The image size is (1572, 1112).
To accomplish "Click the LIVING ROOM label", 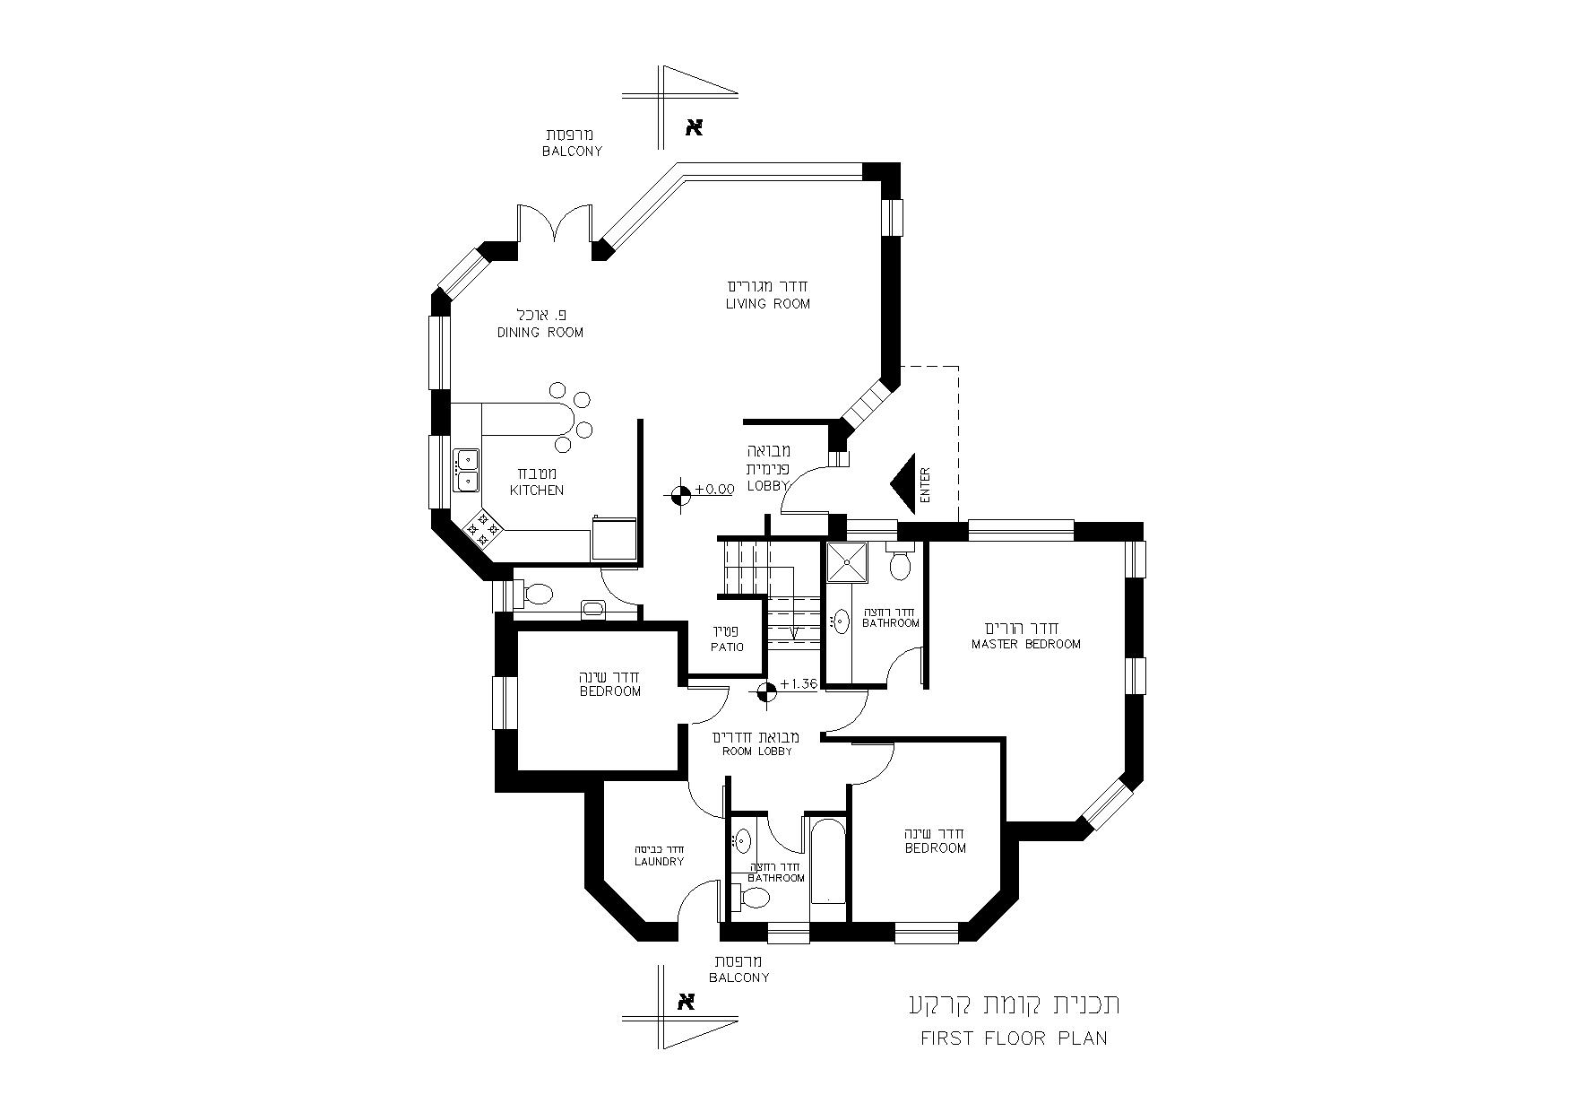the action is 767,304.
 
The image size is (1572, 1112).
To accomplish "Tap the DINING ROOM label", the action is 540,333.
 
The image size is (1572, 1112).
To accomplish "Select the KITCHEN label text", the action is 537,491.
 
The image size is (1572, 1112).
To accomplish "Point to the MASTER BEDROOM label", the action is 1026,644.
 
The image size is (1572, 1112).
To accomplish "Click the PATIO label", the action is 727,647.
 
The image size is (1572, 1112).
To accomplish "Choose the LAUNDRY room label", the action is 659,862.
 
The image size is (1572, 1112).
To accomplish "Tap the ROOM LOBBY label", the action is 757,751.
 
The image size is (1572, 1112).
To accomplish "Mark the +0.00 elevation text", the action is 713,490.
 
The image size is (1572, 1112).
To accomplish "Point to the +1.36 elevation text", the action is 799,684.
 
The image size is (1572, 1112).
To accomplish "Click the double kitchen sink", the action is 466,471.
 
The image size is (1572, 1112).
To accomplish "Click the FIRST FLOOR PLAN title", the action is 1014,1038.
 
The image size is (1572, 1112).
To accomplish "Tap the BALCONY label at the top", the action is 572,152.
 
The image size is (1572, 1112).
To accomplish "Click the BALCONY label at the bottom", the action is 739,977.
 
